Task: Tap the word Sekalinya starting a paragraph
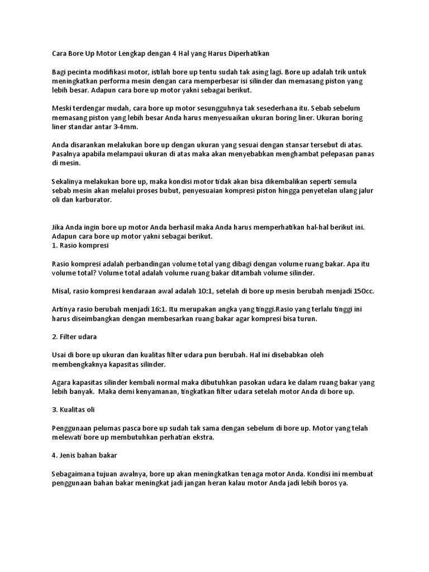(x=68, y=182)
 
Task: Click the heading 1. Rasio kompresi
(x=80, y=245)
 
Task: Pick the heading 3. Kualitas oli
(x=73, y=409)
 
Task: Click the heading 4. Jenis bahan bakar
(x=84, y=455)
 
